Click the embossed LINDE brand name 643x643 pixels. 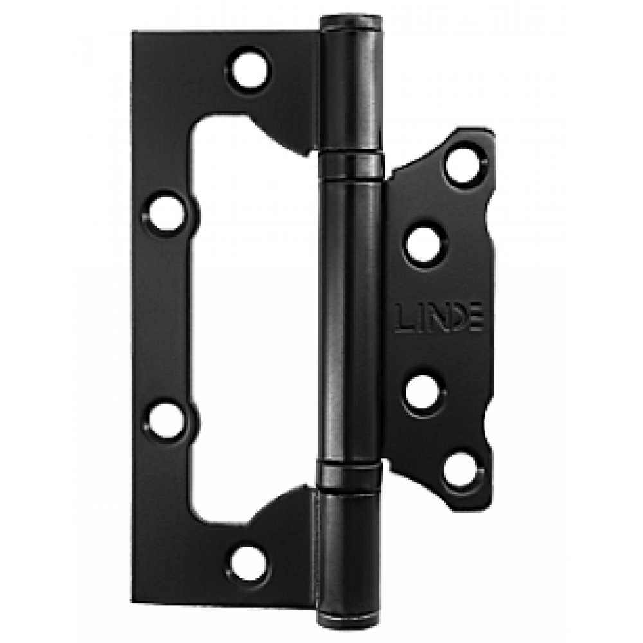(439, 318)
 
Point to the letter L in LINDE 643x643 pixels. (404, 318)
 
